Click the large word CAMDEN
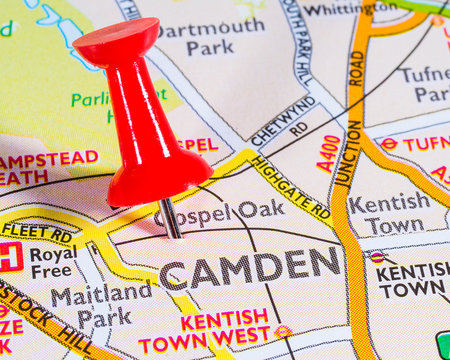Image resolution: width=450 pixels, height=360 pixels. pos(250,267)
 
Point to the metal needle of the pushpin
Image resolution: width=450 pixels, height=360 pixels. pos(171,217)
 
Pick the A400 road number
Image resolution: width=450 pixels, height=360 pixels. pos(329,153)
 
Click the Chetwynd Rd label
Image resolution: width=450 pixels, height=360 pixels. pos(285,121)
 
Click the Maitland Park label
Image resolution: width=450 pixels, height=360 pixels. pos(90,306)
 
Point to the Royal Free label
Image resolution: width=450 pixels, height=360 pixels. pos(53,263)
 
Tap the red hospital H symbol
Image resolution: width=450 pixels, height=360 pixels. pos(10,257)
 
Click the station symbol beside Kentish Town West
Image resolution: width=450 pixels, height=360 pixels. pos(283,331)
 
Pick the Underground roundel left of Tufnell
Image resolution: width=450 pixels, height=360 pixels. pos(388,144)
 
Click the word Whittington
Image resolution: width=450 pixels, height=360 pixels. pos(349,9)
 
